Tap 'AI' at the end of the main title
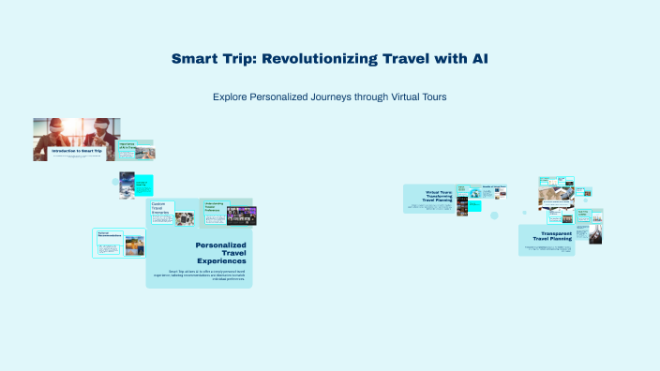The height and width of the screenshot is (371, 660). [x=477, y=59]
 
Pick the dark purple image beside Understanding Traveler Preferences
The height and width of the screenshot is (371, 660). [x=242, y=215]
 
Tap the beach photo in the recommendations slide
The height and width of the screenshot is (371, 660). [x=135, y=245]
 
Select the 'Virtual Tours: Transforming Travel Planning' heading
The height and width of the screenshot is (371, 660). [x=438, y=195]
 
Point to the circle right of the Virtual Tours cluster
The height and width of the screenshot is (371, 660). [x=494, y=215]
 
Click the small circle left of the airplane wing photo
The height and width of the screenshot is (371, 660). [x=115, y=182]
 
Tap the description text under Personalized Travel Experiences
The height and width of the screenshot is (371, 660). [x=201, y=274]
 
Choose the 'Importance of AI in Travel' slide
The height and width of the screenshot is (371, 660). [x=127, y=146]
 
